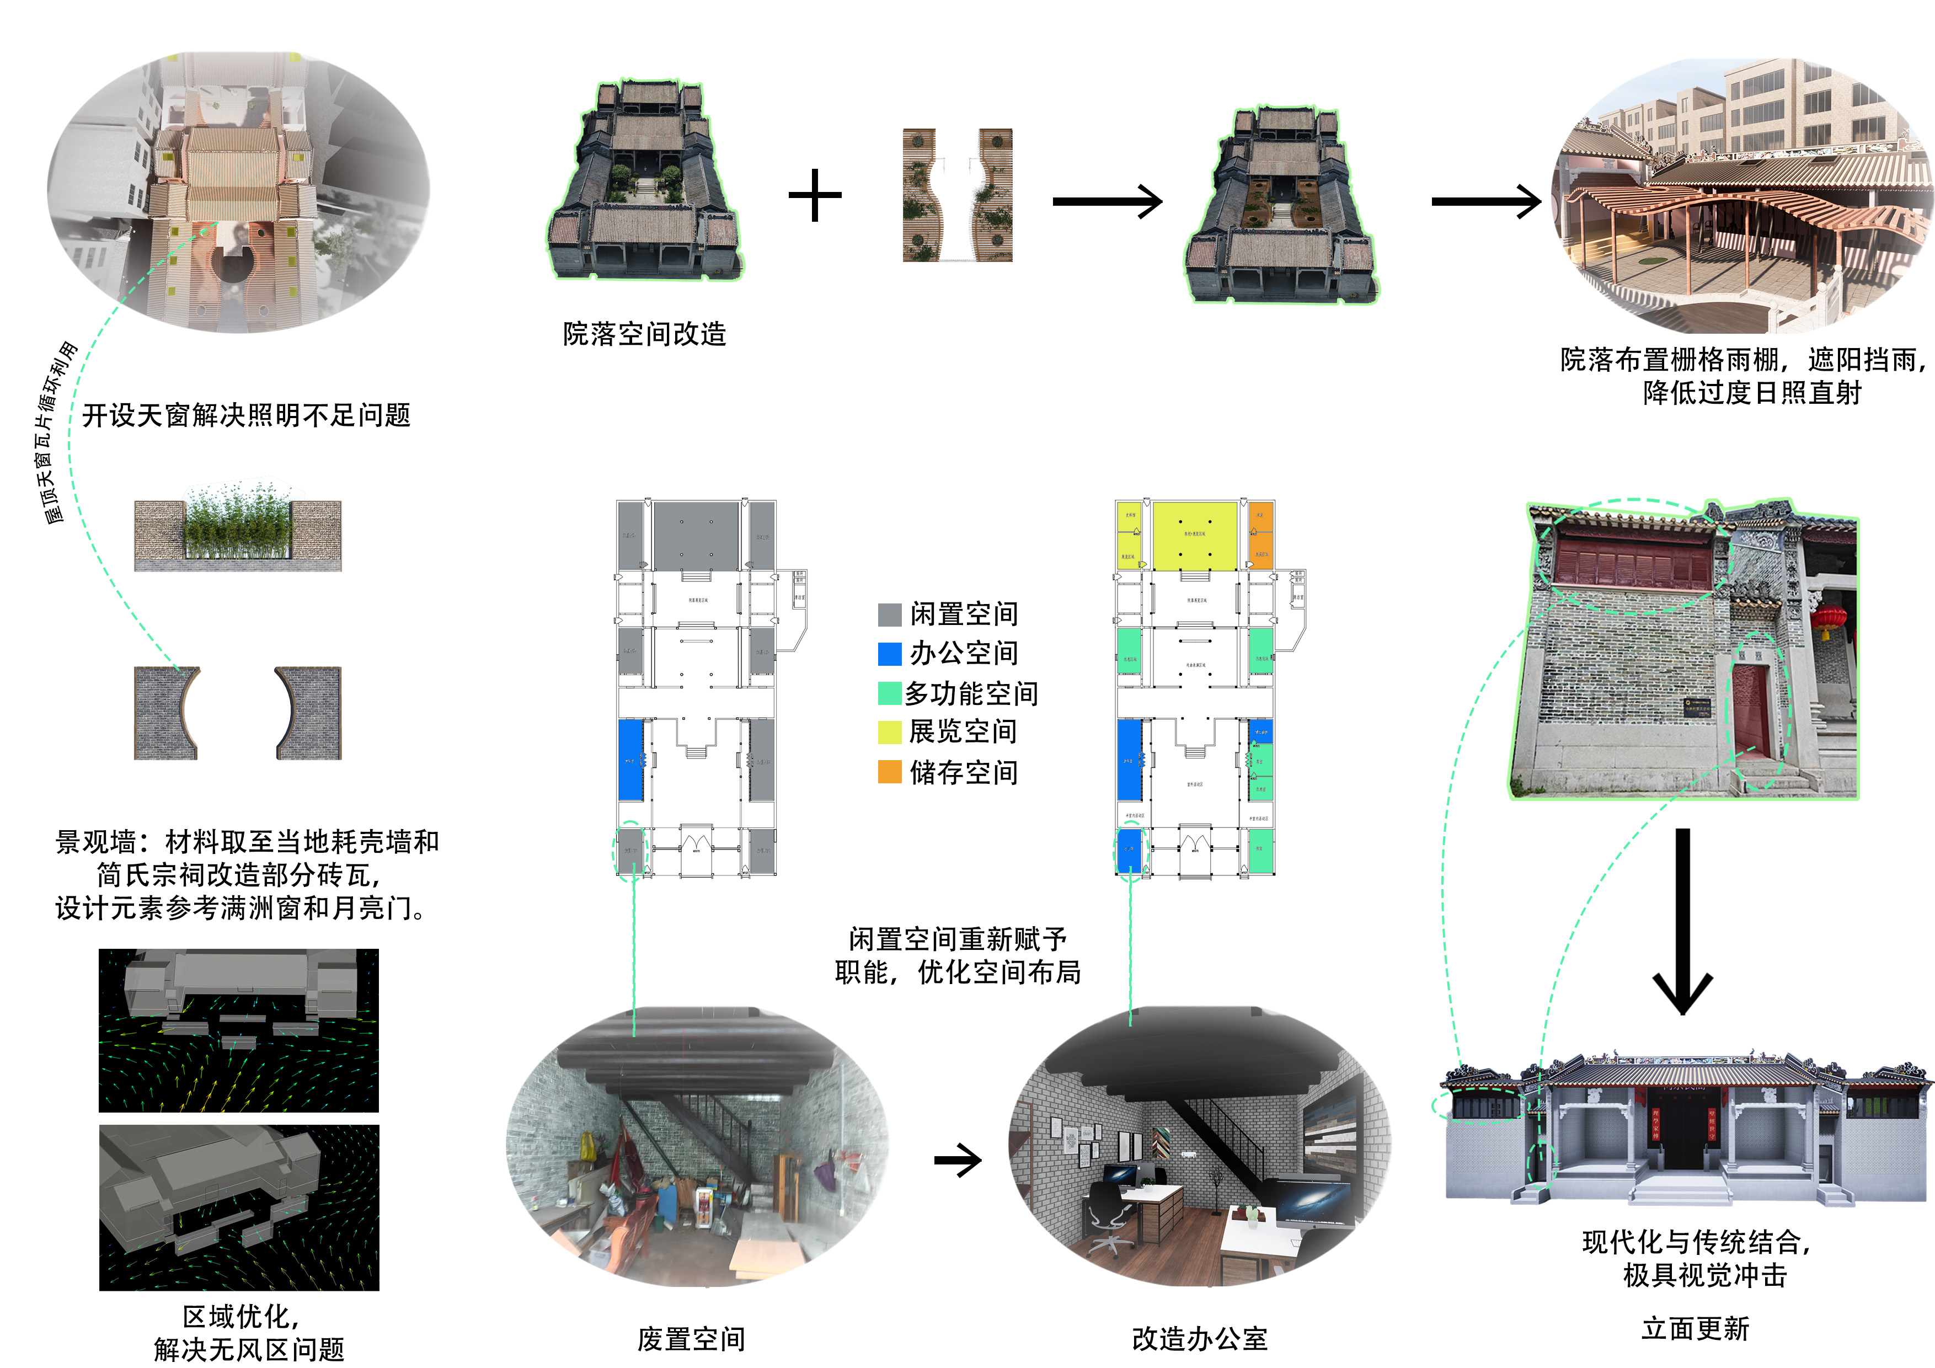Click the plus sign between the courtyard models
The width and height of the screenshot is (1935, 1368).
815,196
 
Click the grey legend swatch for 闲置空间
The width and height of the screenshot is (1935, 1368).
890,614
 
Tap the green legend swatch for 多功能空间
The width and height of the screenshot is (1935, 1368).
890,693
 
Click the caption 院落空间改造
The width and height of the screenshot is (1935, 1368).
645,334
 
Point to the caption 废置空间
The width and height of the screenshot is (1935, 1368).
691,1339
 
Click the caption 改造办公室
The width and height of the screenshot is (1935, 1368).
1199,1339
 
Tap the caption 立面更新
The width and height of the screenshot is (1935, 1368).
1696,1328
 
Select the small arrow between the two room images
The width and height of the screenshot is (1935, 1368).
958,1161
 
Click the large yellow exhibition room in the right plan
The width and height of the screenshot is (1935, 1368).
1194,536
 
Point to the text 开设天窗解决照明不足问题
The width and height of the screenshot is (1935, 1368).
246,415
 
